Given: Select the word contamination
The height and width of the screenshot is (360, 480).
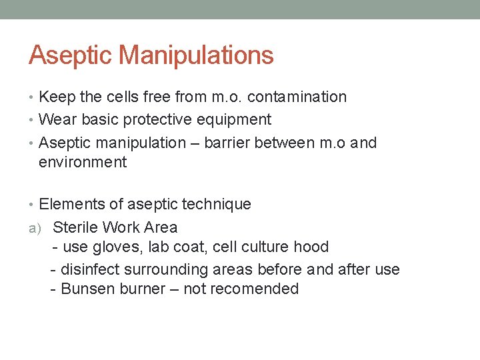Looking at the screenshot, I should click(297, 97).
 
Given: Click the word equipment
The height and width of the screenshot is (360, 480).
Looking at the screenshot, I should click(239, 120).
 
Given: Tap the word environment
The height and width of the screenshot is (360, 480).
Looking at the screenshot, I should click(83, 162).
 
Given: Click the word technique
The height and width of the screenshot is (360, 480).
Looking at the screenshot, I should click(219, 204).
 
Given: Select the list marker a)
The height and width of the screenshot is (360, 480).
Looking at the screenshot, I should click(34, 228).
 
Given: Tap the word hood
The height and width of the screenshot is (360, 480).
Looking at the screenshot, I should click(311, 247).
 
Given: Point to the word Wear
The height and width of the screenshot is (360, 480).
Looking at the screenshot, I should click(57, 119).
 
